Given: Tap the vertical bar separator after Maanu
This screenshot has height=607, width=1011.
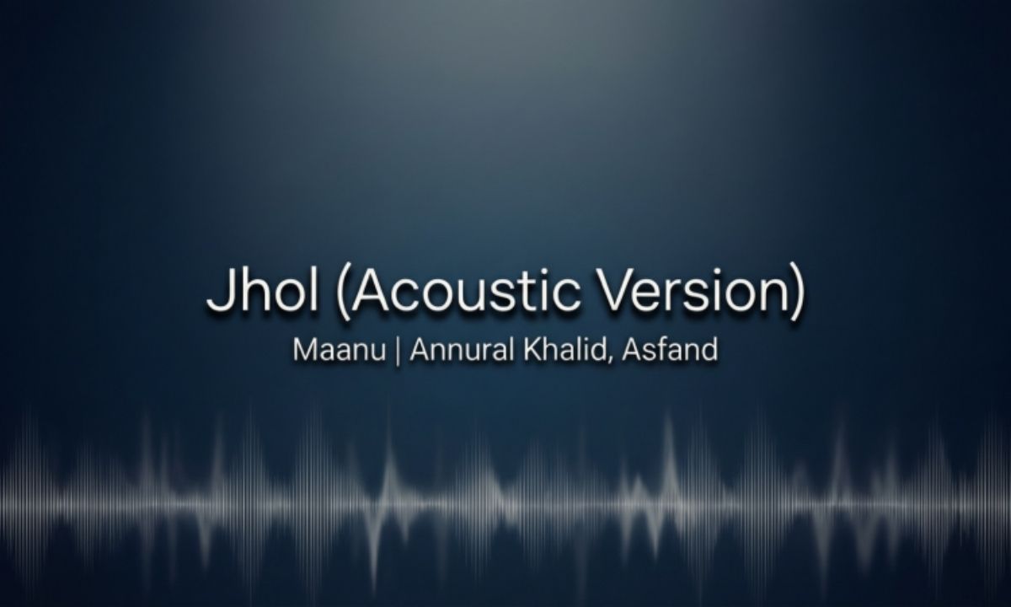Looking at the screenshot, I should click(x=398, y=351).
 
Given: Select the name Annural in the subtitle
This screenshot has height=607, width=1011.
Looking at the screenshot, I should click(x=456, y=350).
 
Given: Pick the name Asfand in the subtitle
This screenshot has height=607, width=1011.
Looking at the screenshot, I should click(x=670, y=350).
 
